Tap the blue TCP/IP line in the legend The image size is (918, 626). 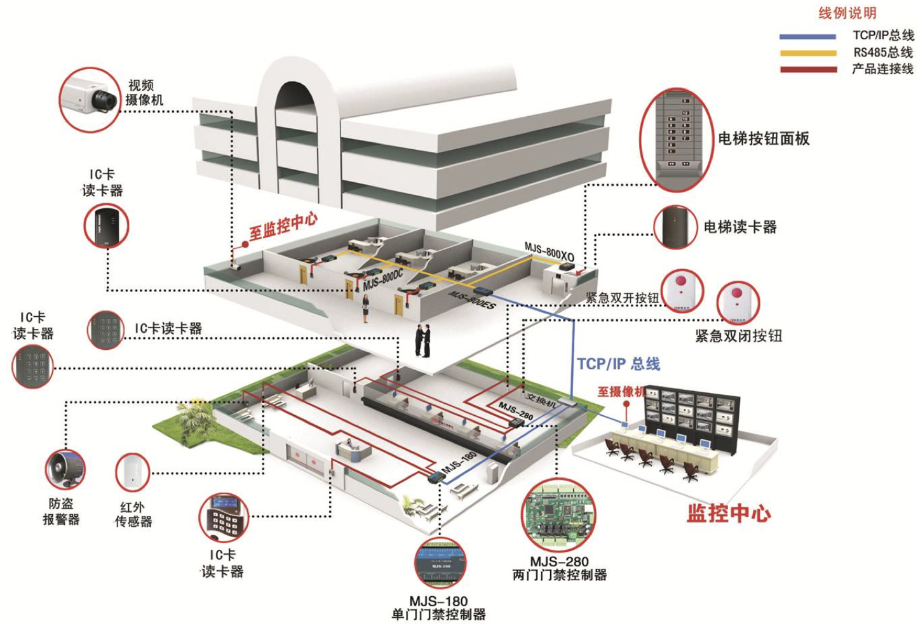[807, 37]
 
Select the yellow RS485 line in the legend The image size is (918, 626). [807, 53]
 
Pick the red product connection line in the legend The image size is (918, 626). [807, 70]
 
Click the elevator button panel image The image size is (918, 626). [677, 139]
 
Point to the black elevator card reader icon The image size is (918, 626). [675, 227]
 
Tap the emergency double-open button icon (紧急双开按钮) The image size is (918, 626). [682, 290]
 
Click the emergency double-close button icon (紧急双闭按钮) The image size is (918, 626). [738, 302]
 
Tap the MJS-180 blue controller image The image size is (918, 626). [439, 562]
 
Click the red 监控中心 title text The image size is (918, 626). [729, 513]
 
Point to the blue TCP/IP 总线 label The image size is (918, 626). [618, 364]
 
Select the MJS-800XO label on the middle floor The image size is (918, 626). [549, 252]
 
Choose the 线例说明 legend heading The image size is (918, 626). [847, 13]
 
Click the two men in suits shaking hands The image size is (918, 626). [422, 340]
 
